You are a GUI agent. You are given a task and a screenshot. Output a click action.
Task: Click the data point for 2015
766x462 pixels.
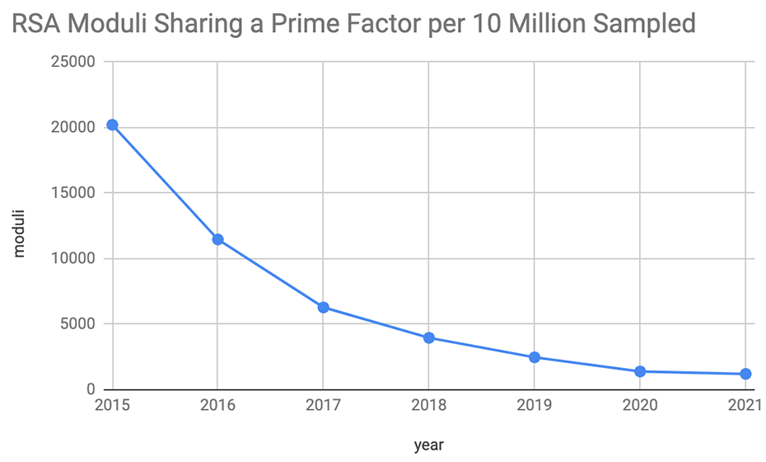click(112, 125)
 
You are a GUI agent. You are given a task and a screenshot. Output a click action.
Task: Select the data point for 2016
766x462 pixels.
click(217, 239)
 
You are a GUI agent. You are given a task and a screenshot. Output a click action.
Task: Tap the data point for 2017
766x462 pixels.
click(323, 307)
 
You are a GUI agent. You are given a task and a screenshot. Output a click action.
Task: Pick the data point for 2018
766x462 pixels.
click(428, 337)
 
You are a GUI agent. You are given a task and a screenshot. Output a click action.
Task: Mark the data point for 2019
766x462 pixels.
click(535, 357)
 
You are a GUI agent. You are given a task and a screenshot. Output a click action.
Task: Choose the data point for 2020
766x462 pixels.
click(640, 371)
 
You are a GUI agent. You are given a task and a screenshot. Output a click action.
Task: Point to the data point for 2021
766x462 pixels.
click(745, 374)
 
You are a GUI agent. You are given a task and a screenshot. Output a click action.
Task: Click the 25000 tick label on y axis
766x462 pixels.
click(72, 62)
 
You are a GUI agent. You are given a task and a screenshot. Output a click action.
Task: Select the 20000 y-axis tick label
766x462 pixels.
click(72, 128)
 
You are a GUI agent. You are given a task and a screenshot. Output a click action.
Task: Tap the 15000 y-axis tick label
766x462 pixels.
click(72, 193)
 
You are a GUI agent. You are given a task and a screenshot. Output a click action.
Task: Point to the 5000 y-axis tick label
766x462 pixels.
click(77, 324)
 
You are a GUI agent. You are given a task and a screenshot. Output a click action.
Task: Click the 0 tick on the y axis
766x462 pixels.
click(92, 389)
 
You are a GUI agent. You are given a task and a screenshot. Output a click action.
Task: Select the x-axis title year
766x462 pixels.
click(428, 445)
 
